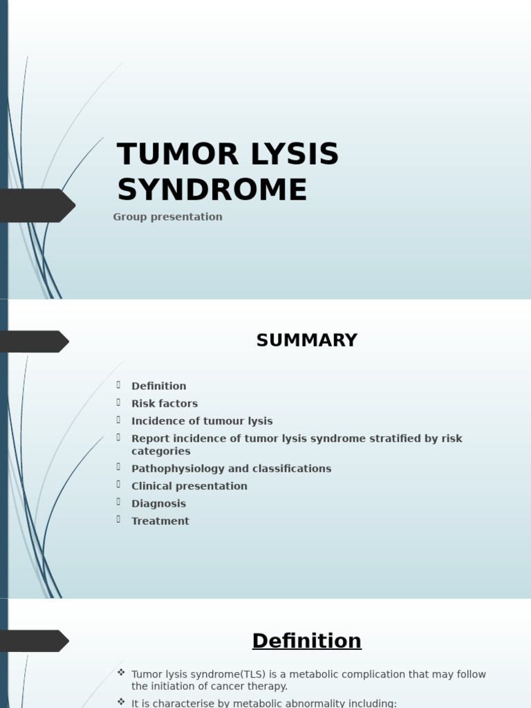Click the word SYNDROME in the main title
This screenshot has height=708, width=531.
[x=212, y=190]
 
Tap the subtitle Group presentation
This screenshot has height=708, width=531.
[x=167, y=217]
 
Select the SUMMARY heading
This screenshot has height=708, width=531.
[x=306, y=340]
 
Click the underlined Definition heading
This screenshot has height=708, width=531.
[x=306, y=641]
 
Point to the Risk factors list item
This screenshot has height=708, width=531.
[x=165, y=404]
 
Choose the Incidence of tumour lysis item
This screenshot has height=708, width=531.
[x=202, y=421]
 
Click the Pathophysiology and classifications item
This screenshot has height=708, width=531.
[x=231, y=469]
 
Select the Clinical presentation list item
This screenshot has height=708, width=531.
[x=189, y=486]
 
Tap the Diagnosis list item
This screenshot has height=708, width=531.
[x=158, y=504]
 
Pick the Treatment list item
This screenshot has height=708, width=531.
[x=160, y=521]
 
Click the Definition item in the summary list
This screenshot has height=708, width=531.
[x=158, y=386]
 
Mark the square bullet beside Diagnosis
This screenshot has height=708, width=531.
[x=119, y=502]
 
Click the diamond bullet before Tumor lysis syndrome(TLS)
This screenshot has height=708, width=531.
[x=121, y=673]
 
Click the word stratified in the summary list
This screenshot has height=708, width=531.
[x=369, y=438]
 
